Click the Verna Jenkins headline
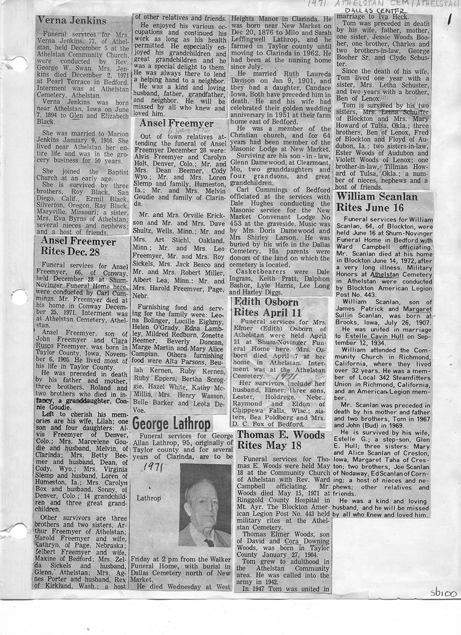point(72,21)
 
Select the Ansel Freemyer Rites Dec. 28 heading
point(77,246)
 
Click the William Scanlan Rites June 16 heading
point(377,202)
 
